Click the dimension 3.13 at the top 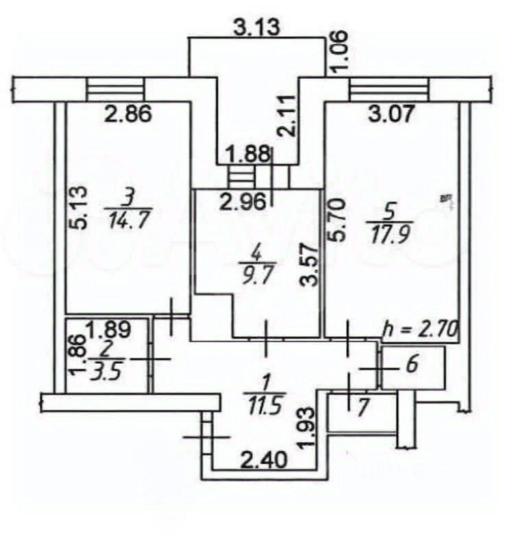[x=258, y=28]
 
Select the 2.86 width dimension [x=127, y=114]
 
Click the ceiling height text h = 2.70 [x=419, y=329]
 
